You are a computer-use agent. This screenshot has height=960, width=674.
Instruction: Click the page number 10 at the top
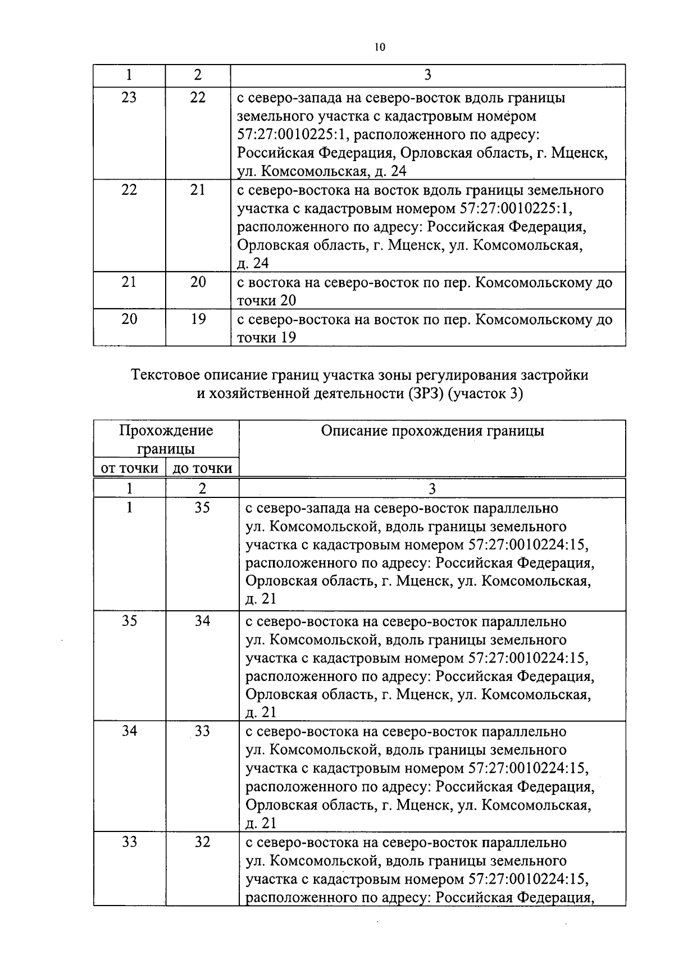pyautogui.click(x=380, y=47)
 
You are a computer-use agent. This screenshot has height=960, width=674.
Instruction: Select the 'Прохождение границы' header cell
pyautogui.click(x=166, y=440)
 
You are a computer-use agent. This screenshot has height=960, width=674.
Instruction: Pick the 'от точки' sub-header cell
pyautogui.click(x=130, y=468)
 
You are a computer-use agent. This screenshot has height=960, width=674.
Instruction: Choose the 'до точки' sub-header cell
pyautogui.click(x=202, y=468)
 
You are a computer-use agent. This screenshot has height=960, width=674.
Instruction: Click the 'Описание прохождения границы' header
pyautogui.click(x=432, y=431)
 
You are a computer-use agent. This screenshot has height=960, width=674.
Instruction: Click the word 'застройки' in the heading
pyautogui.click(x=558, y=375)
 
